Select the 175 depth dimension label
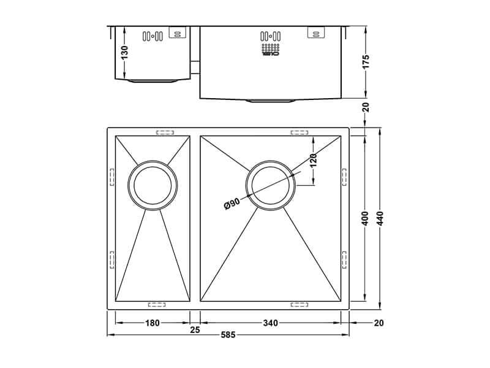point(366,62)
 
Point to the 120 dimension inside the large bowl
point(313,160)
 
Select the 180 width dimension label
point(153,323)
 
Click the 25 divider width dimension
point(195,330)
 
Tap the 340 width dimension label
point(271,323)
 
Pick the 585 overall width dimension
point(228,335)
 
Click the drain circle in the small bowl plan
point(152,185)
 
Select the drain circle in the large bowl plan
point(271,185)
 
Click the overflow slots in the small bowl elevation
point(152,36)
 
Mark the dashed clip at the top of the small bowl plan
point(165,132)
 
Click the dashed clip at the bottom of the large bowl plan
point(300,304)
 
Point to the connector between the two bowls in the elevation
point(195,66)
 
